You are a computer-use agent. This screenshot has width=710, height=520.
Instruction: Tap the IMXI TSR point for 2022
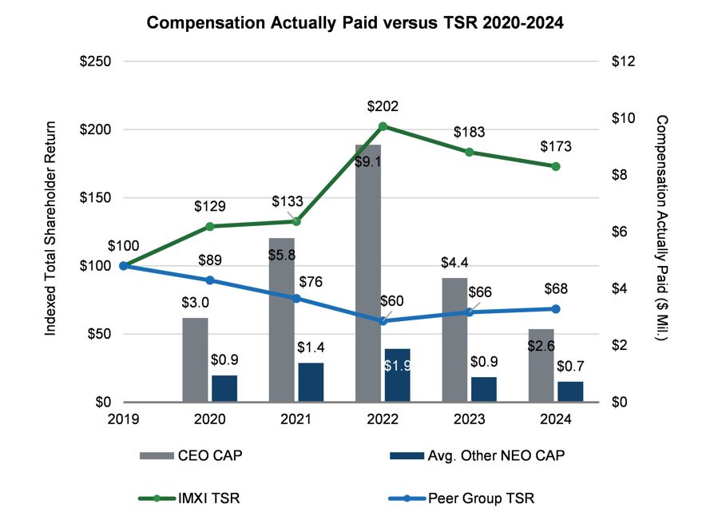[383, 126]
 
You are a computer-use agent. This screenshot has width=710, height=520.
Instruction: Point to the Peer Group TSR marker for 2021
[296, 299]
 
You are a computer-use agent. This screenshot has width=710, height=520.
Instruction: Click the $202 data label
[383, 106]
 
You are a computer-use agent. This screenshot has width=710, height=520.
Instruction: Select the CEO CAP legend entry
[191, 456]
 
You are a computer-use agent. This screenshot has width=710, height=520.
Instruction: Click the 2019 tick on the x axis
[123, 418]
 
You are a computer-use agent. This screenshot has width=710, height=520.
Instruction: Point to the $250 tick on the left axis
[94, 62]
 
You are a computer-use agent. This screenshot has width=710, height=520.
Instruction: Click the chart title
[355, 23]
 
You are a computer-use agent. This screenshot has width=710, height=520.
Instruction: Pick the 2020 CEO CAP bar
[195, 359]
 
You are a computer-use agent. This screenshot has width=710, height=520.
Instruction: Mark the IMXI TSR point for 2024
[556, 166]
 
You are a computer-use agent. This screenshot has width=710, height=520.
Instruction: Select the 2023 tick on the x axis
[470, 418]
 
